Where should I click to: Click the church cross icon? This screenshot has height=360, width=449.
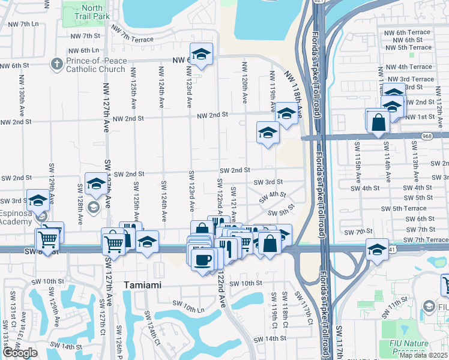(x=58, y=64)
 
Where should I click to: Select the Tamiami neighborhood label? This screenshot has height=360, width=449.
(x=142, y=285)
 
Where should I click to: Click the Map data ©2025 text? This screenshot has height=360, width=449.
(x=423, y=355)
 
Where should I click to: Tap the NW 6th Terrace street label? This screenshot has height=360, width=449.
(x=408, y=32)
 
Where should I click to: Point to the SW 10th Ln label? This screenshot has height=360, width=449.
(x=187, y=308)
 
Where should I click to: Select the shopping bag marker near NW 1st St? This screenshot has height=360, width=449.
(x=379, y=122)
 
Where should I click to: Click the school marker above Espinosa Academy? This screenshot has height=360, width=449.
(x=38, y=200)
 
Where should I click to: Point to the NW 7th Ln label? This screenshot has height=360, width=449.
(x=20, y=24)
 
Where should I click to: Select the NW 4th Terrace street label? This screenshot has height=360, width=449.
(x=409, y=67)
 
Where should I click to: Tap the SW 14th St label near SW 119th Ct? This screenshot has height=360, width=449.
(x=268, y=338)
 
